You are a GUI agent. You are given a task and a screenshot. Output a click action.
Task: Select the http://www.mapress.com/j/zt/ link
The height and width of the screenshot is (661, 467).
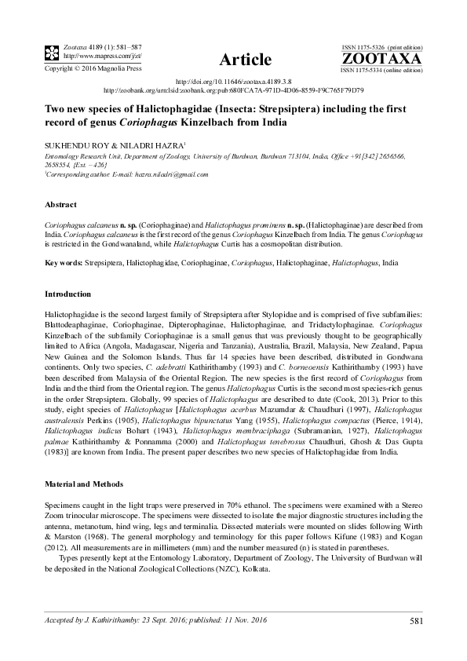95,57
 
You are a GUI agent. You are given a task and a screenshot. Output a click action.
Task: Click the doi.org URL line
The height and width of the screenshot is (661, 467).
234,81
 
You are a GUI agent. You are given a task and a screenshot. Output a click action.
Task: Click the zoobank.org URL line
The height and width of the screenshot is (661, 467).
234,89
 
